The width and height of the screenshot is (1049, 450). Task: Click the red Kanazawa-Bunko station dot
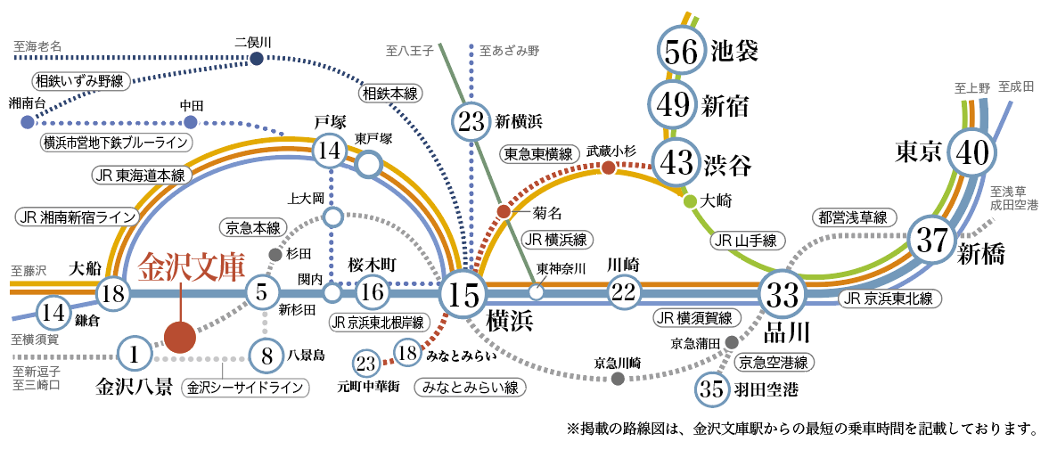[180, 338]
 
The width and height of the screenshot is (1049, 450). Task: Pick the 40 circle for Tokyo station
[971, 153]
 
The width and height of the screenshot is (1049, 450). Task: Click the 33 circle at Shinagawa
[783, 292]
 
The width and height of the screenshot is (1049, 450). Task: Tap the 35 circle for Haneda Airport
[713, 389]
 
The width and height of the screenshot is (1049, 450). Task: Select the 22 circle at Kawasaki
[627, 291]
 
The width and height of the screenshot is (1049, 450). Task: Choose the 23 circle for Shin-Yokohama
[472, 122]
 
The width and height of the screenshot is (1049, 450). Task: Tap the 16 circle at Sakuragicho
[373, 291]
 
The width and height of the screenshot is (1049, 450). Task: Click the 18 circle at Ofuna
[113, 292]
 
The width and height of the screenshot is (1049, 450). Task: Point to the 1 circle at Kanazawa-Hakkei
[135, 355]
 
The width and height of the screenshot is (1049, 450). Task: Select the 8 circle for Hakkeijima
[266, 356]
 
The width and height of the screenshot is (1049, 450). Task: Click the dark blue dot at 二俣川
[257, 59]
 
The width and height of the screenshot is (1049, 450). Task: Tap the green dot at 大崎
[690, 201]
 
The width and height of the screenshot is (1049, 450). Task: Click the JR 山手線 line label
[746, 240]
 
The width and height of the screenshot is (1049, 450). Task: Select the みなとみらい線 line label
[471, 388]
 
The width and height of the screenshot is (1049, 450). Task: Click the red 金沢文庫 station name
[192, 266]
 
